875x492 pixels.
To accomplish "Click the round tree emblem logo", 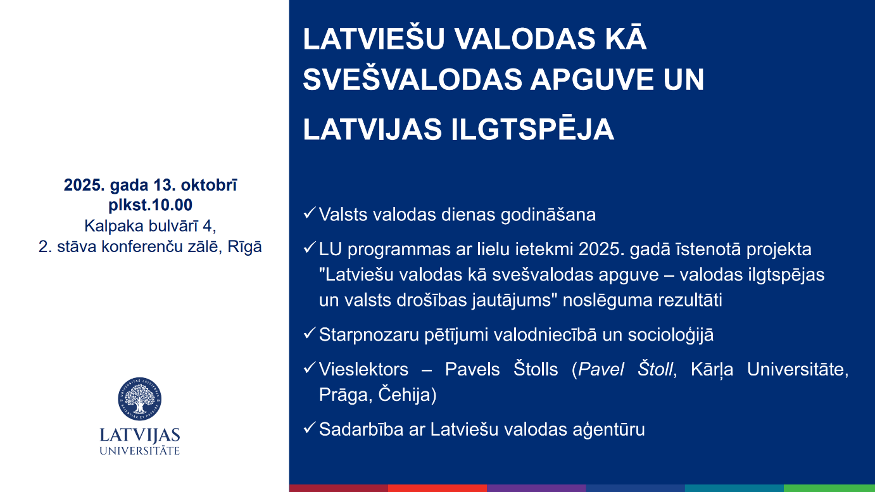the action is coord(139,399).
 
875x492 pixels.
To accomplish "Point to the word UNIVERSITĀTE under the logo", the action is coord(140,450).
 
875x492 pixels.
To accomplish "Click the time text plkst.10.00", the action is coord(151,205).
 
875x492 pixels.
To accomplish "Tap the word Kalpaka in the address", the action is coord(111,226).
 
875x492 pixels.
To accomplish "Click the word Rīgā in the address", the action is coord(244,246).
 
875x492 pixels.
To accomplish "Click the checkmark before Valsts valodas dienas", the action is coord(310,213).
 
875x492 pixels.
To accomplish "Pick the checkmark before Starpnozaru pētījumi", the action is coord(310,333).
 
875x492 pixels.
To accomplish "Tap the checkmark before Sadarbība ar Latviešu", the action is coord(310,427).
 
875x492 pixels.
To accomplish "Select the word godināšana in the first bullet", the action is coord(548,215).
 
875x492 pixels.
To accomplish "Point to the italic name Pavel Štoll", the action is coord(626,369).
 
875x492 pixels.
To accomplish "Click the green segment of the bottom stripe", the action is coord(829,488).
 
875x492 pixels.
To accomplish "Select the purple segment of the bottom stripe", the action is coord(536,488).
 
